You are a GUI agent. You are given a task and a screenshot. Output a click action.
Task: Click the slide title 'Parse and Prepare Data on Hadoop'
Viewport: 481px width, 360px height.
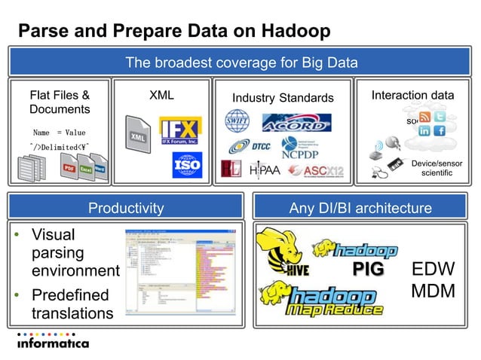click(174, 31)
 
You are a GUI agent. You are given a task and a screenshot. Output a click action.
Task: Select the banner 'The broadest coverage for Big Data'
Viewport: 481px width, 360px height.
click(240, 62)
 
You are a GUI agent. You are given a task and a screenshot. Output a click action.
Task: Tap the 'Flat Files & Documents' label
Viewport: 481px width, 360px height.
click(59, 102)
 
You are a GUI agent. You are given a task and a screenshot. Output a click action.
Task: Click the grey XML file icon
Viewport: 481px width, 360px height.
click(139, 139)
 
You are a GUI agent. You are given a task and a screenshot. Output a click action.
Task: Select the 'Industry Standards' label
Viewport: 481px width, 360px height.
click(282, 98)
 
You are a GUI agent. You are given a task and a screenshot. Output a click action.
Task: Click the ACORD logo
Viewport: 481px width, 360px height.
click(296, 122)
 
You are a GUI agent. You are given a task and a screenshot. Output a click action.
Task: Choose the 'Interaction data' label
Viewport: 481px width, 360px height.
click(412, 96)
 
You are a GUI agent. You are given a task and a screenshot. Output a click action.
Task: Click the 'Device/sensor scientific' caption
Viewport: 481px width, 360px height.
click(437, 168)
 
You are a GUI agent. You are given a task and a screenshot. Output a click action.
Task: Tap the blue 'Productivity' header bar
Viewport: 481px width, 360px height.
click(126, 208)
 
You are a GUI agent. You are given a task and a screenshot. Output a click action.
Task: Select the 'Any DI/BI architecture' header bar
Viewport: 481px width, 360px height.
click(360, 208)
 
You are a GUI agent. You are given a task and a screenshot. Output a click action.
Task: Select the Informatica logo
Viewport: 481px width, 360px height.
click(52, 341)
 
